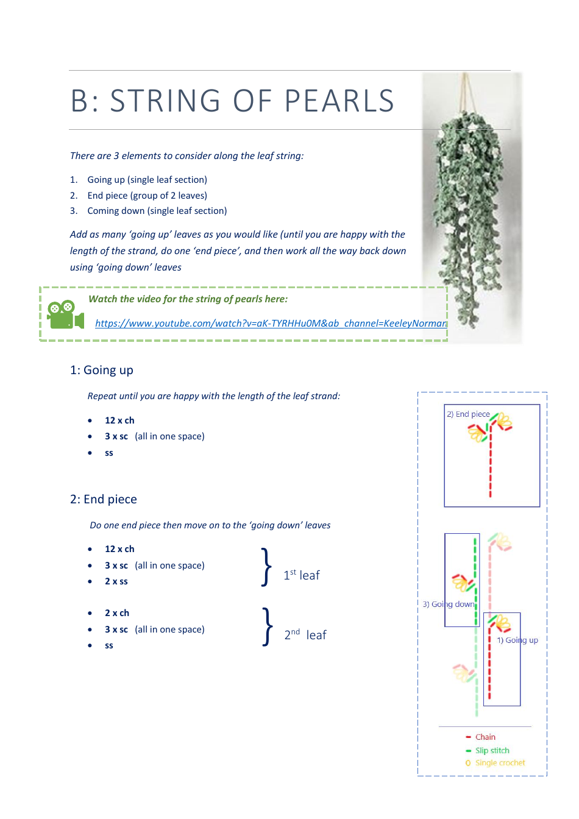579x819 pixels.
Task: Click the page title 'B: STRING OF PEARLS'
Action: tap(232, 101)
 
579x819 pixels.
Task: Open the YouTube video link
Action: tap(271, 323)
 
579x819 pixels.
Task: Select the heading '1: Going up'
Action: tap(101, 370)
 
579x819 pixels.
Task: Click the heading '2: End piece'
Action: tap(103, 499)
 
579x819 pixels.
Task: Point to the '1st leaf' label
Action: tap(301, 575)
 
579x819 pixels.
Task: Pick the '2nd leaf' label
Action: tap(305, 634)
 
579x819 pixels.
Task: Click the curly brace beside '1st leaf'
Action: tap(266, 567)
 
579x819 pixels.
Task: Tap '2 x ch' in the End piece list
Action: tap(116, 613)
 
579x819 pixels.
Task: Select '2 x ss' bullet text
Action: tap(116, 581)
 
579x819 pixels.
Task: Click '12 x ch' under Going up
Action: tap(119, 420)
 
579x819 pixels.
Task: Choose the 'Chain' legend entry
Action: tap(485, 737)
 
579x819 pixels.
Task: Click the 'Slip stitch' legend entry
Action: tap(492, 750)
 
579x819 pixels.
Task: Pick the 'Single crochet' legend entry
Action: tap(500, 762)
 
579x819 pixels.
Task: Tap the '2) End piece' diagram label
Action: tap(468, 414)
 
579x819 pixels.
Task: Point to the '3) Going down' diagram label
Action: tap(448, 604)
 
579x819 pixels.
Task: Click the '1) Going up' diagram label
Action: tap(517, 640)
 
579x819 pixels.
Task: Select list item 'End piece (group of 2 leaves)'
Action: tap(147, 196)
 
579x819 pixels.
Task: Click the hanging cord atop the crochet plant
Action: tap(466, 91)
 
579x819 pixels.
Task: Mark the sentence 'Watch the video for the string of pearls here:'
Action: tap(188, 299)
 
